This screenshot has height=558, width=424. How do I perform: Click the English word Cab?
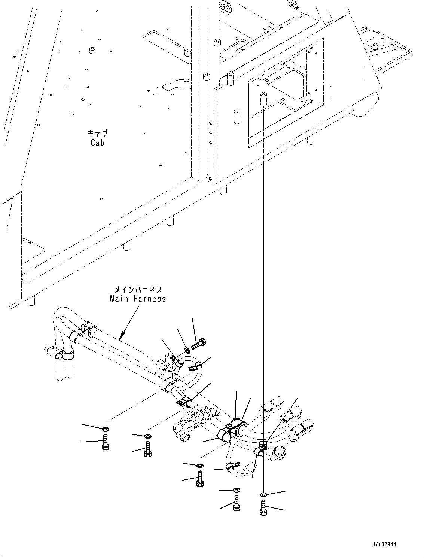[97, 143]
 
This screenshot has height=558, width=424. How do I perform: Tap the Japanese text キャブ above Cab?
[97, 133]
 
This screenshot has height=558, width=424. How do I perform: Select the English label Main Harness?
[138, 299]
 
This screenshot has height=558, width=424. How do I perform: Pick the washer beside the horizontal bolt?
[187, 350]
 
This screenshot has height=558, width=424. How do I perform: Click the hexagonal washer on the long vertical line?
[263, 495]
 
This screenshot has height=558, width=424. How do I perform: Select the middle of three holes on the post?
[210, 133]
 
